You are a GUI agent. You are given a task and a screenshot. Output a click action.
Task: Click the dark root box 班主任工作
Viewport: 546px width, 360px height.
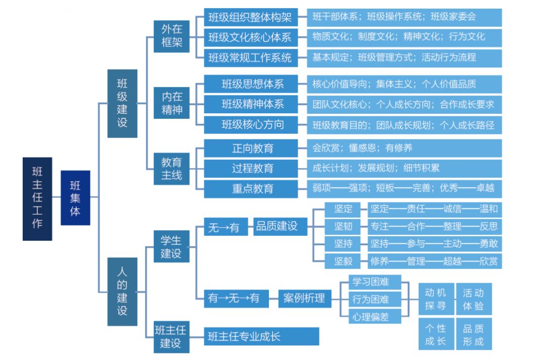pos(37,198)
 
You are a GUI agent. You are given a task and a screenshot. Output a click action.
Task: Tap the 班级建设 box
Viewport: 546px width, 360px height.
pos(122,103)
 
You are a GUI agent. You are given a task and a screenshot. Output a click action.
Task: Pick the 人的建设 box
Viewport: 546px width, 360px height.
pos(122,291)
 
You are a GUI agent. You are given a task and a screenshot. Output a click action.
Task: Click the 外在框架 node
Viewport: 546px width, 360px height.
pos(172,36)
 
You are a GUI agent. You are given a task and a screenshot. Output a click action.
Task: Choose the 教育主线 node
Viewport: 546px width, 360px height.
pos(172,169)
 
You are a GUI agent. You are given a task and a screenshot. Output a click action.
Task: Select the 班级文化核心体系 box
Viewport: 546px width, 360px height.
pos(250,37)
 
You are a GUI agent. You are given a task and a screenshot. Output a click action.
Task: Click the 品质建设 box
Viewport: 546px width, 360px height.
pos(277,227)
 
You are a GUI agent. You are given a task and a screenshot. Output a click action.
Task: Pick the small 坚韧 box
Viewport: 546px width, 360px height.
pos(343,226)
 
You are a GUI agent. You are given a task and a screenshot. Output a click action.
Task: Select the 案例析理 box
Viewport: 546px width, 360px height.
pos(304,298)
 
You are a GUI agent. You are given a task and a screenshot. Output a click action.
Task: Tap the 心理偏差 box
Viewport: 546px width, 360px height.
pos(375,316)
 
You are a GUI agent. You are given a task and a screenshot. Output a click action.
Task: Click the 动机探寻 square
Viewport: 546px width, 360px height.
pos(436,299)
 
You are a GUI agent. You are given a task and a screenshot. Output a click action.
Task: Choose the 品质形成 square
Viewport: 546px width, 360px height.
pos(474,335)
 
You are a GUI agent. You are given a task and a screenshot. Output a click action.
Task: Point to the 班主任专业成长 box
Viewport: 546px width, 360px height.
pos(261,336)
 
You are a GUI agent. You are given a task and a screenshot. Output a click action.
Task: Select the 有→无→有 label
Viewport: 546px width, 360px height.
pos(234,298)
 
